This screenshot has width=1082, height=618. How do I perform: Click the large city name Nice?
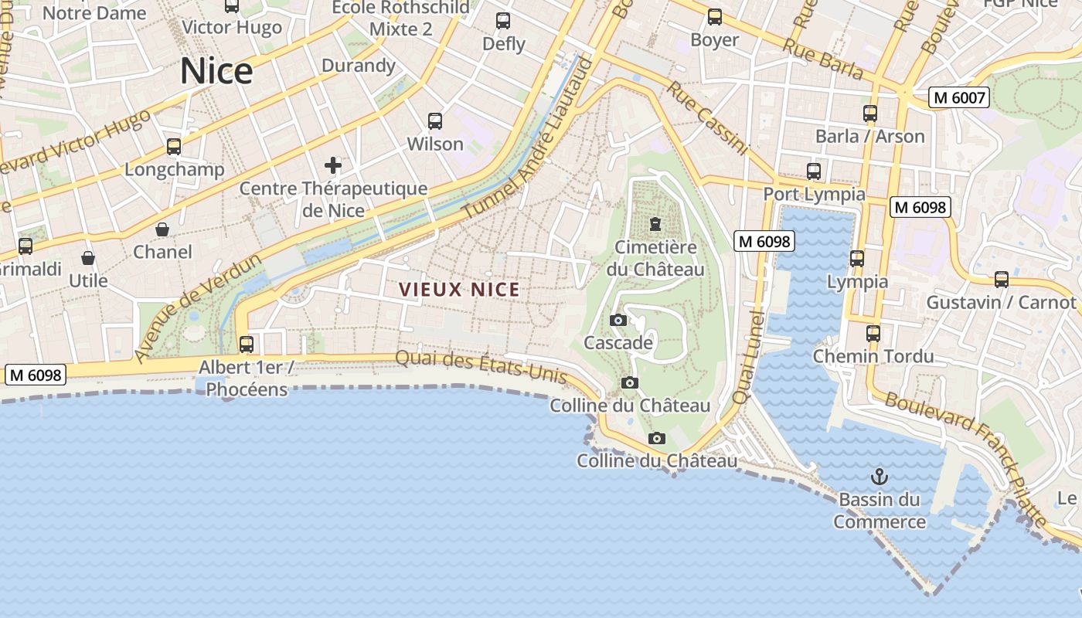tap(216, 71)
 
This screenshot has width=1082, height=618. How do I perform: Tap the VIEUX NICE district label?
tap(459, 290)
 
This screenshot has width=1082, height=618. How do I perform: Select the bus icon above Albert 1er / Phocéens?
tap(247, 345)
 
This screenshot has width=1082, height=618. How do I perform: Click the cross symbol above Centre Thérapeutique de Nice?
tap(333, 165)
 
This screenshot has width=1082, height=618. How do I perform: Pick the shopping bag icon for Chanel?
tap(162, 229)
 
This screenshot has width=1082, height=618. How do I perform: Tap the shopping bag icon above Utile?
tap(88, 258)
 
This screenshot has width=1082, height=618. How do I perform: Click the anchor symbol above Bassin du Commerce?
tap(879, 476)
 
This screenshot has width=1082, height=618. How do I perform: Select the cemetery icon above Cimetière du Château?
tap(655, 224)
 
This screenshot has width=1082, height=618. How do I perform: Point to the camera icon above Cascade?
tap(618, 320)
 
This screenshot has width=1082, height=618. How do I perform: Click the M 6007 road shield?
tap(959, 98)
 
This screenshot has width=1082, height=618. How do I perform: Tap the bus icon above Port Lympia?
tap(813, 171)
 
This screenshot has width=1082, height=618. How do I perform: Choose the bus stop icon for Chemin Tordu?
tap(873, 334)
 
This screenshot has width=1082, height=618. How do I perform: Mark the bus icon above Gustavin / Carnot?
tap(1002, 280)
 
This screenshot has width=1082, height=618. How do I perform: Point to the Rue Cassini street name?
tap(708, 118)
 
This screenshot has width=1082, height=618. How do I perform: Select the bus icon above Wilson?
tap(435, 121)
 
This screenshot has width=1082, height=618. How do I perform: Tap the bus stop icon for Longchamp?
tap(174, 147)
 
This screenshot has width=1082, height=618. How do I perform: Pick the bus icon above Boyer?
tap(715, 17)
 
